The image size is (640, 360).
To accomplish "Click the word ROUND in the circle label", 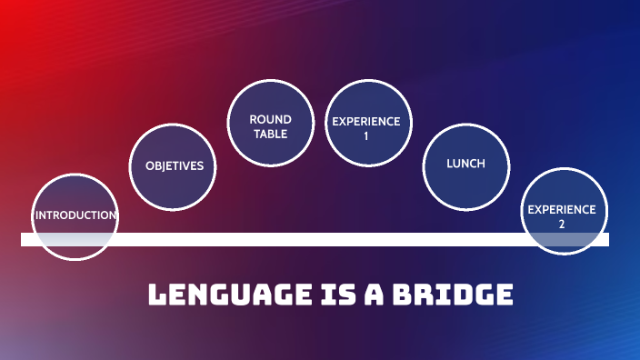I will tap(270, 119).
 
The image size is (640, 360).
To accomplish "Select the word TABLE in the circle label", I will tap(270, 134).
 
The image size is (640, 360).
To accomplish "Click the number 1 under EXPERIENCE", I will tap(365, 135).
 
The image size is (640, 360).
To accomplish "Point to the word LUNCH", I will tap(465, 165).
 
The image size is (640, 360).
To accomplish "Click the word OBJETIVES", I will tap(180, 166).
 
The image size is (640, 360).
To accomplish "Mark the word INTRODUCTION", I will tap(75, 215).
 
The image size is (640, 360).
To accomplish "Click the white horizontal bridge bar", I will tap(318, 240).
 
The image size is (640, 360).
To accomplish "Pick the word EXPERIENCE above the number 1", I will tap(365, 121).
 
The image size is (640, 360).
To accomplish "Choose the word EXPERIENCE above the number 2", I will tap(562, 209).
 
